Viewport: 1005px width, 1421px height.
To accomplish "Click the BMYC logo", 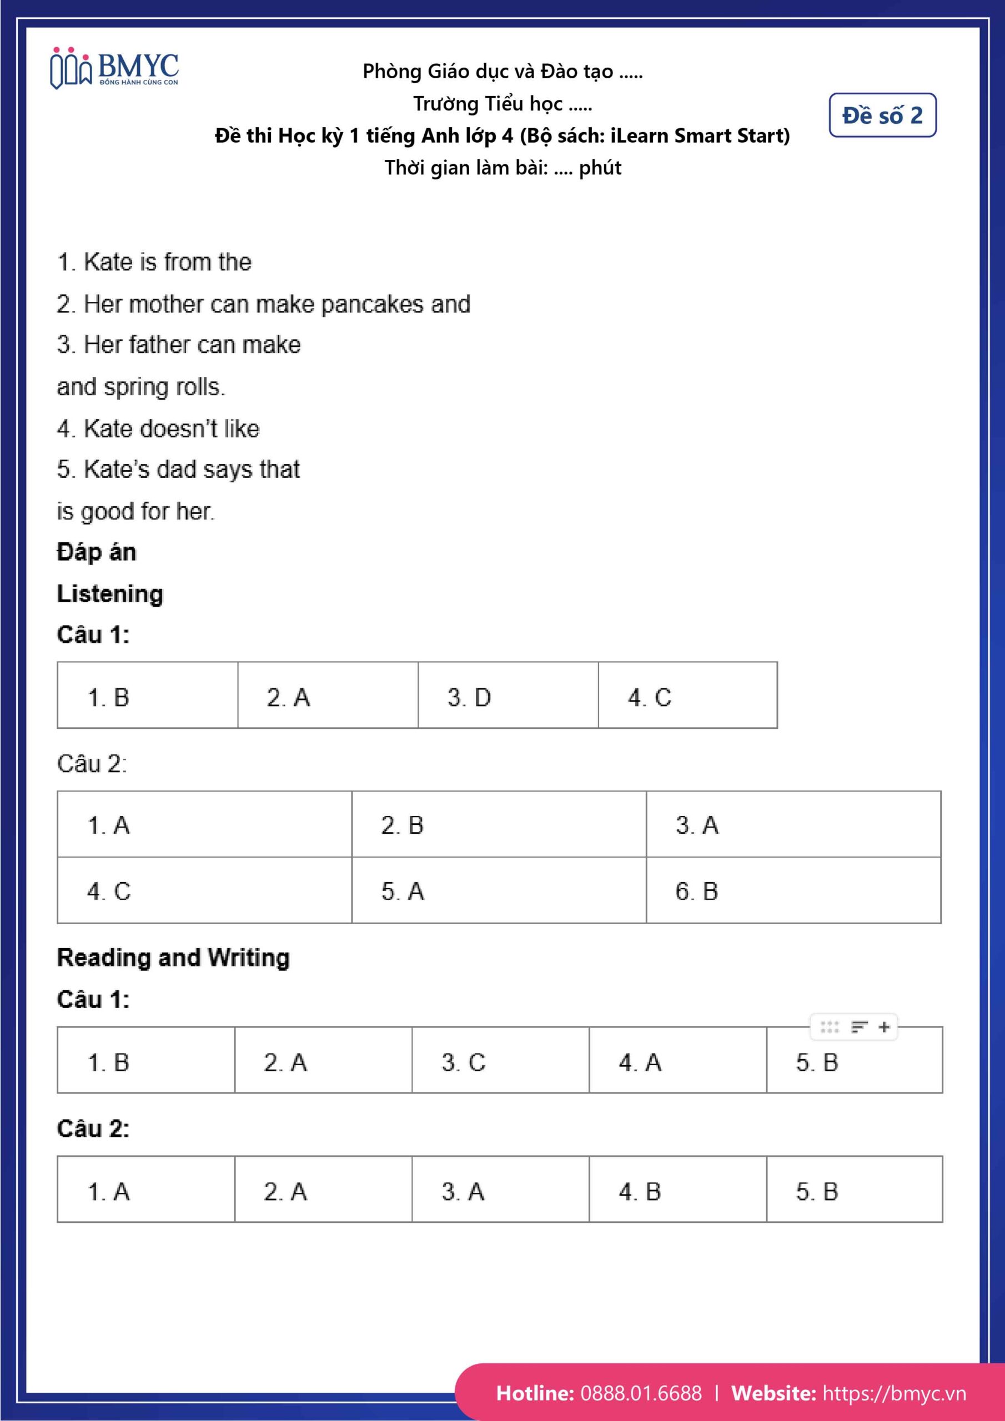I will pyautogui.click(x=114, y=68).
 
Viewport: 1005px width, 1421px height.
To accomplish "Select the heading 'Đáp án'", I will pyautogui.click(x=97, y=552).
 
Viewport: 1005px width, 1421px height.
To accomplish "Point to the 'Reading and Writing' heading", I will pyautogui.click(x=173, y=958).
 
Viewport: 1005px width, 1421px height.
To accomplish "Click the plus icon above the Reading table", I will pyautogui.click(x=885, y=1027).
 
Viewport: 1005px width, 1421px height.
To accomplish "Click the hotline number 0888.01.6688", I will pyautogui.click(x=641, y=1393).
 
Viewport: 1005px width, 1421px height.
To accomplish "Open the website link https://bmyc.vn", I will pyautogui.click(x=894, y=1393).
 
